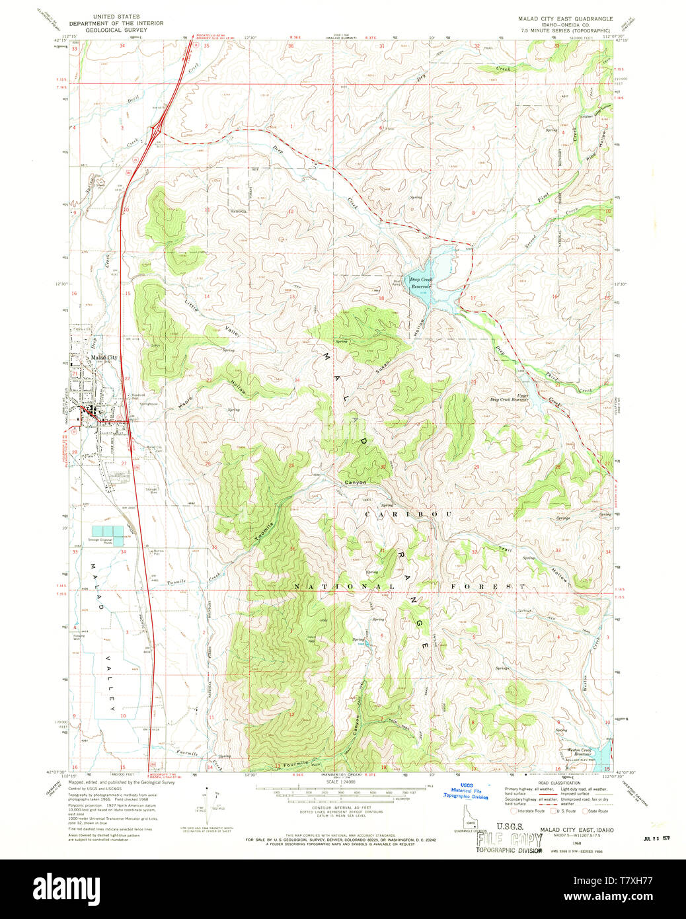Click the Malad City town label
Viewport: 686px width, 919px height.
104,358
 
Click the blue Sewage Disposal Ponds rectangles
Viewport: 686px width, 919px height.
107,532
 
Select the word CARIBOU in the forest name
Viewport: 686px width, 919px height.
408,514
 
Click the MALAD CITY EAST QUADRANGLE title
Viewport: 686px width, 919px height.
565,19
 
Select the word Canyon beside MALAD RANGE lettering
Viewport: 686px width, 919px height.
354,483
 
